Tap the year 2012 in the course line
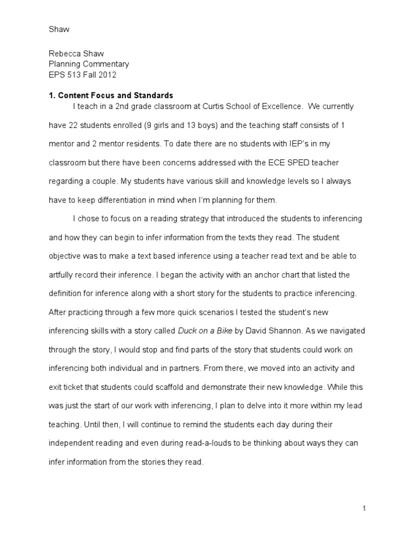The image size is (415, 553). pos(108,75)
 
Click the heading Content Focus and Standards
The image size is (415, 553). pos(115,95)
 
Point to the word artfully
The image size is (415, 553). pos(64,275)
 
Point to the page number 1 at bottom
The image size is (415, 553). pos(365,508)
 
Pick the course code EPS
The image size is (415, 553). pos(57,75)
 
